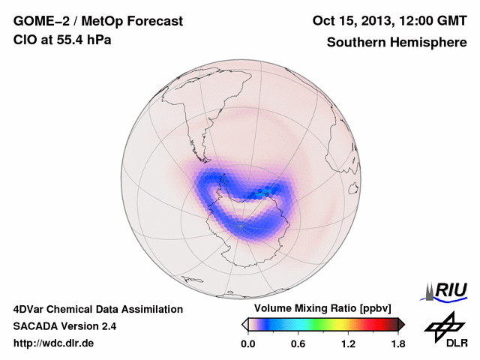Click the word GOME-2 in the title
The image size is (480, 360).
point(38,22)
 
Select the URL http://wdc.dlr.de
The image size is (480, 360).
point(54,343)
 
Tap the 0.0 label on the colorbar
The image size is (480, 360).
point(247,343)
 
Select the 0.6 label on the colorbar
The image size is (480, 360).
point(298,343)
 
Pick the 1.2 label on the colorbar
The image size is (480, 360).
point(348,343)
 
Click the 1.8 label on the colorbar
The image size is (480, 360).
point(398,343)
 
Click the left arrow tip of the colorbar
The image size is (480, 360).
point(244,324)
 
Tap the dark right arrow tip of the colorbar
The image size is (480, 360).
point(401,324)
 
